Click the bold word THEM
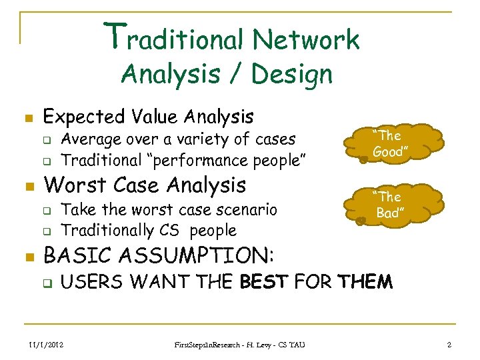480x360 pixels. click(x=365, y=282)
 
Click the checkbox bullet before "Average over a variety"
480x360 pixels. click(x=47, y=141)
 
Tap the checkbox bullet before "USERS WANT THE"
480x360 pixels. click(x=47, y=283)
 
